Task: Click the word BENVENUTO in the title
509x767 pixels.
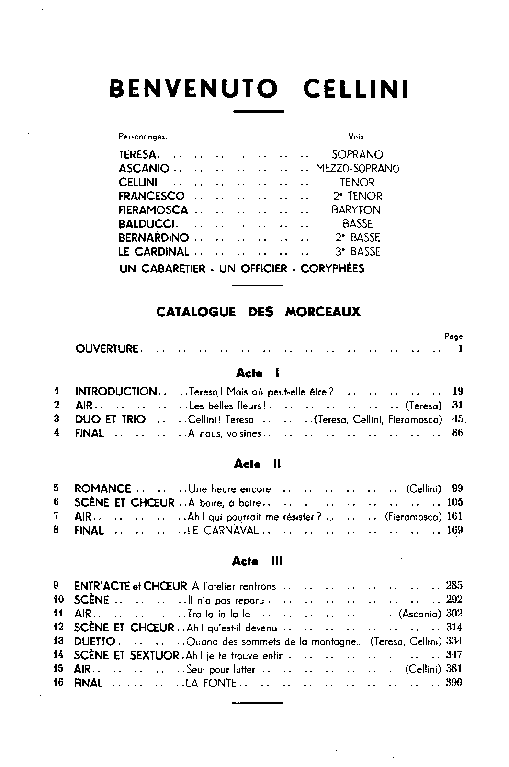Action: [x=194, y=90]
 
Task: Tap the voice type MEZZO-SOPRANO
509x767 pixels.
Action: [x=357, y=169]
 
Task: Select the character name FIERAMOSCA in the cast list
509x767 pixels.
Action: [x=153, y=210]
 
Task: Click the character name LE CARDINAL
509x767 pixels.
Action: [x=154, y=251]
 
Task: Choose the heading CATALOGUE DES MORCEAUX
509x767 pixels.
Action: [x=258, y=312]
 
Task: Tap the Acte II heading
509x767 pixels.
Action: [x=257, y=464]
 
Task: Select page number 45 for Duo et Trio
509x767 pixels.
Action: [x=458, y=419]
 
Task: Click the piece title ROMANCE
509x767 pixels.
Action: [x=103, y=489]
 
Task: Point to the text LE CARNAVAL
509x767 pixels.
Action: [x=223, y=530]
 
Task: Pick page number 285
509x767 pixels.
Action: [x=454, y=585]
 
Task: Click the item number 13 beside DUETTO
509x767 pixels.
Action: [x=58, y=641]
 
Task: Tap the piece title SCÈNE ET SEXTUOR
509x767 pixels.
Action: [x=127, y=655]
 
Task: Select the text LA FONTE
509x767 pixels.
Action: [x=211, y=683]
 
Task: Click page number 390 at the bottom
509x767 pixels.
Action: [x=454, y=683]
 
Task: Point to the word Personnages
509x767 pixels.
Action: [x=143, y=137]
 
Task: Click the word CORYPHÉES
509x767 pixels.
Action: [x=332, y=268]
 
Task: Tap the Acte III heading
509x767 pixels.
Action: [x=257, y=561]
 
